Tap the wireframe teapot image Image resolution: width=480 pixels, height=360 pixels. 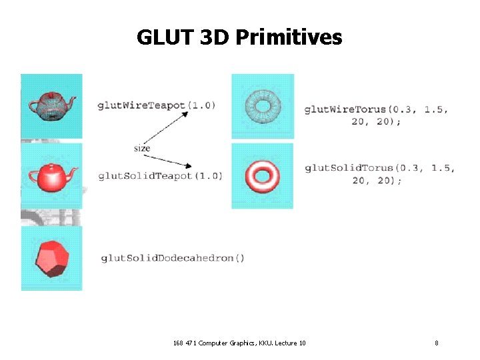51,105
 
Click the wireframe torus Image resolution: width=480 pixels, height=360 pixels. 262,105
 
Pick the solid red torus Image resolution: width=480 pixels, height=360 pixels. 263,175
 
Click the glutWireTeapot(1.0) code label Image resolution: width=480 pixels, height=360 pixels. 156,105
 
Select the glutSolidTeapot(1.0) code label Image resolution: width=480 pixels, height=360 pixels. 160,175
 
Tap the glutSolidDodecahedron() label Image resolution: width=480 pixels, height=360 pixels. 173,258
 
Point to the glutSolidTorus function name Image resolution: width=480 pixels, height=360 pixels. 347,168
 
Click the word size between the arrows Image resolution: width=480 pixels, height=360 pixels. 142,148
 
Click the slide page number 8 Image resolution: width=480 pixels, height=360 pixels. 436,343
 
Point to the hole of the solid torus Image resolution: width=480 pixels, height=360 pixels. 263,173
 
